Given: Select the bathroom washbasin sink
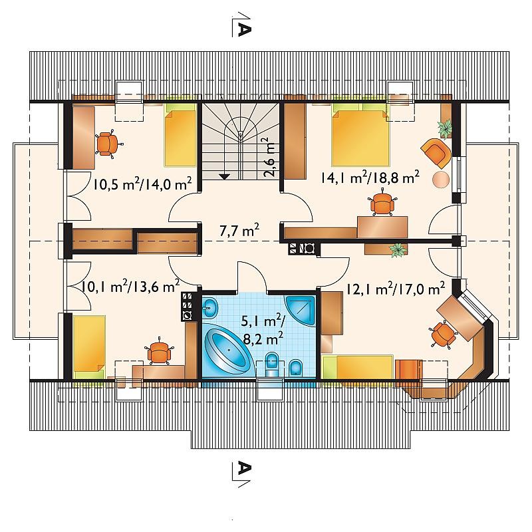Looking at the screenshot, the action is [x=210, y=307].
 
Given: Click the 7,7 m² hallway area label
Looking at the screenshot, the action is [x=239, y=231].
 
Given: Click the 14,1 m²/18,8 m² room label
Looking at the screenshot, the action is [x=370, y=177].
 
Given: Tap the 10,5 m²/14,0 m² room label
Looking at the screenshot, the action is [x=142, y=184].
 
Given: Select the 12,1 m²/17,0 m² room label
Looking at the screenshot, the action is [x=395, y=289].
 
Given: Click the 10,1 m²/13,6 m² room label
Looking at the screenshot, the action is [x=130, y=287].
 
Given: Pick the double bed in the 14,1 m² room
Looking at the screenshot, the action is [x=360, y=134].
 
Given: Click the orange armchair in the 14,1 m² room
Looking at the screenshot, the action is [x=436, y=153].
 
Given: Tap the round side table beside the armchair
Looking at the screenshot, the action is [x=442, y=178].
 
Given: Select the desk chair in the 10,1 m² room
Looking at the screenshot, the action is [x=158, y=352].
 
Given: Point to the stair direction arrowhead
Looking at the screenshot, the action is [x=224, y=176].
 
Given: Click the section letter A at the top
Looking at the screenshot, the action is [x=244, y=30].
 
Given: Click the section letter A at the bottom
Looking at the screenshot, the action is [x=244, y=469].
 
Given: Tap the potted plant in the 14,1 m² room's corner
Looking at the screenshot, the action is [x=444, y=128].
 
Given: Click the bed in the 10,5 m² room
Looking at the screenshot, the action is [x=180, y=135].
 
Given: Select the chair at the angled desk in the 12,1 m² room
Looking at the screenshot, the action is [x=442, y=334].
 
